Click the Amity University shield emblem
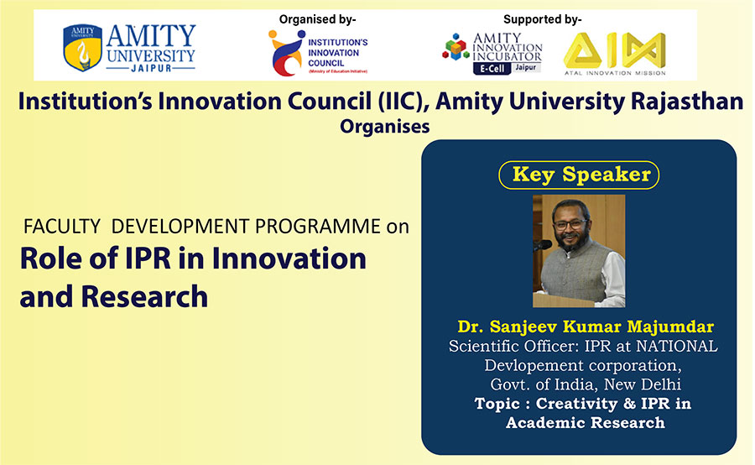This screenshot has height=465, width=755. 82,47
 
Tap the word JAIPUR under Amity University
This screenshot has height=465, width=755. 151,69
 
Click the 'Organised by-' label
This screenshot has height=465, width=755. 318,19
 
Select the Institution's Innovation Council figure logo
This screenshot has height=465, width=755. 287,53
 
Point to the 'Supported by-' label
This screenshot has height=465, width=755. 543,19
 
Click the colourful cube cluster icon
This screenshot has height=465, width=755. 456,47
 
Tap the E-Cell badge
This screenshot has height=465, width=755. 492,69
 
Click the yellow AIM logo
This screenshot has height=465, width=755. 615,50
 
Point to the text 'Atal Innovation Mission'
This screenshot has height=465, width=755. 615,73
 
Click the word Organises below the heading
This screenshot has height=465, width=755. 385,126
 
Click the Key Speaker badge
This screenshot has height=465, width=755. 579,175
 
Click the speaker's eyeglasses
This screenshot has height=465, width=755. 570,224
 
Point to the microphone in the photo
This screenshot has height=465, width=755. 542,245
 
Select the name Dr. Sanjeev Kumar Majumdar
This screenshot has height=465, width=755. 586,327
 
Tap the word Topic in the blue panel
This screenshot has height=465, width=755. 497,404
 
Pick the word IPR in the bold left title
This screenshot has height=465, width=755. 148,259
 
